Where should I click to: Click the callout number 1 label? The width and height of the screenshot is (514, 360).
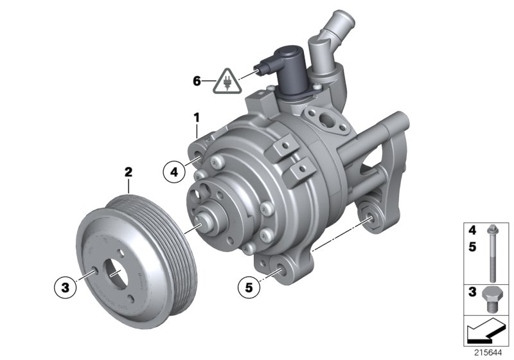[197, 118]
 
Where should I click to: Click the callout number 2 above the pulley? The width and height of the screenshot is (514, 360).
[128, 172]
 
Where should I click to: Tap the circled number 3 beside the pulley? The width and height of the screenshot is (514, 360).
[65, 289]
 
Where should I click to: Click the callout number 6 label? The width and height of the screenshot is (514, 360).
[197, 81]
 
